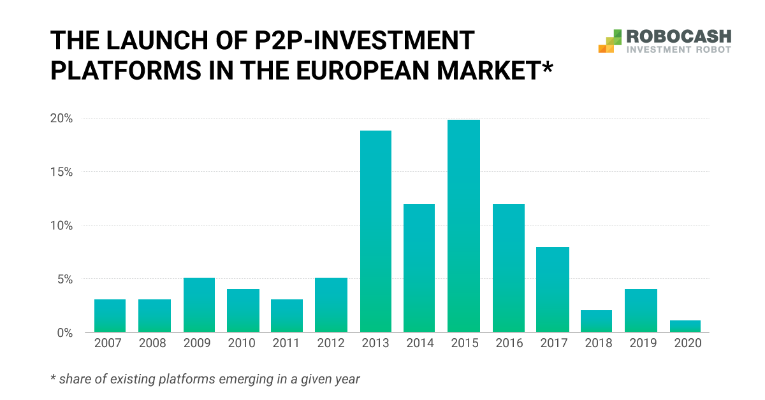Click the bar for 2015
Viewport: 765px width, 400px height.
tap(463, 226)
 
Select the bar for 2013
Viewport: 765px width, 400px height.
tap(375, 231)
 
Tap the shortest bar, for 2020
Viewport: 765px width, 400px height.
tap(685, 326)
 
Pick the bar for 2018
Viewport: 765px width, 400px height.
tap(597, 321)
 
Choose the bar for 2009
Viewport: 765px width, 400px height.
tap(199, 305)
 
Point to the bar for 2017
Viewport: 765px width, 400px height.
tap(553, 290)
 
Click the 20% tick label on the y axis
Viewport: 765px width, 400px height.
tap(62, 118)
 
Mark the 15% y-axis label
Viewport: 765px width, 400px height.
tap(62, 172)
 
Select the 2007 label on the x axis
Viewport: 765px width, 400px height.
tap(110, 343)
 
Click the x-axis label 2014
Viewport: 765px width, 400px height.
tap(419, 343)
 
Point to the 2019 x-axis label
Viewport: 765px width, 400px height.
tap(641, 343)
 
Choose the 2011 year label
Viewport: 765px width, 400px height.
tap(287, 343)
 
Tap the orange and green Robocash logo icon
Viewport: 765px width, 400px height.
tap(610, 40)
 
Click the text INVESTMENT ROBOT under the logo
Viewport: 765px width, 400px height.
tap(679, 49)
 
